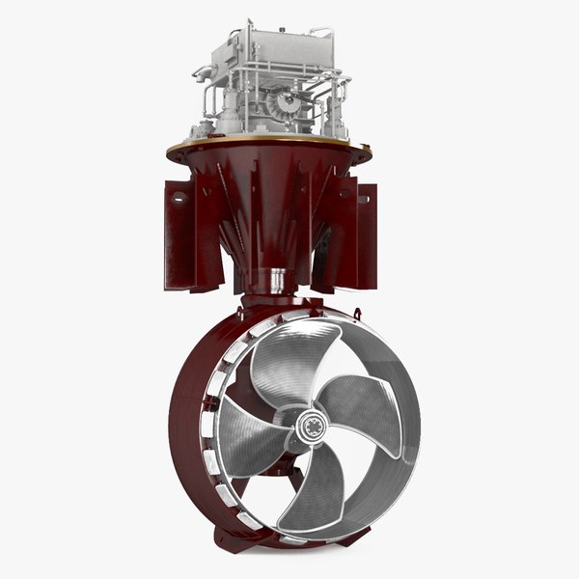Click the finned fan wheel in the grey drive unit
click(286, 111)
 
